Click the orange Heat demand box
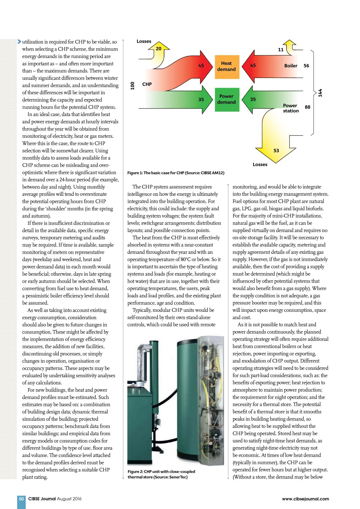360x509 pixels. tap(226, 66)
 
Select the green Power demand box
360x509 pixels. tap(226, 99)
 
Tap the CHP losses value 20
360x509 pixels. tap(159, 49)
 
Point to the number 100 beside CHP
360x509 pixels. tap(133, 85)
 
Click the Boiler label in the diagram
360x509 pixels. tap(291, 66)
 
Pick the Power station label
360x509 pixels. tap(291, 108)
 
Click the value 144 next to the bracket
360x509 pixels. tap(320, 93)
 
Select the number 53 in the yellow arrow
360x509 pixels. tap(276, 150)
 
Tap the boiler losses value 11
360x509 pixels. tap(281, 50)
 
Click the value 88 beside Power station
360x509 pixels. tap(308, 107)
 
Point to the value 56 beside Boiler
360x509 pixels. tap(306, 66)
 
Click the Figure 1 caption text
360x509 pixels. tap(176, 173)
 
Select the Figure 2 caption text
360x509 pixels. tap(161, 474)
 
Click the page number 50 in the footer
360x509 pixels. tap(21, 499)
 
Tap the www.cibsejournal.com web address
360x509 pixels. tap(306, 499)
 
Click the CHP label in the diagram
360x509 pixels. tap(147, 84)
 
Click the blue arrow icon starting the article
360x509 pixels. tap(19, 41)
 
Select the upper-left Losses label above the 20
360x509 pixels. tap(144, 41)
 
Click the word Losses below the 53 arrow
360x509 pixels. tap(260, 165)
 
